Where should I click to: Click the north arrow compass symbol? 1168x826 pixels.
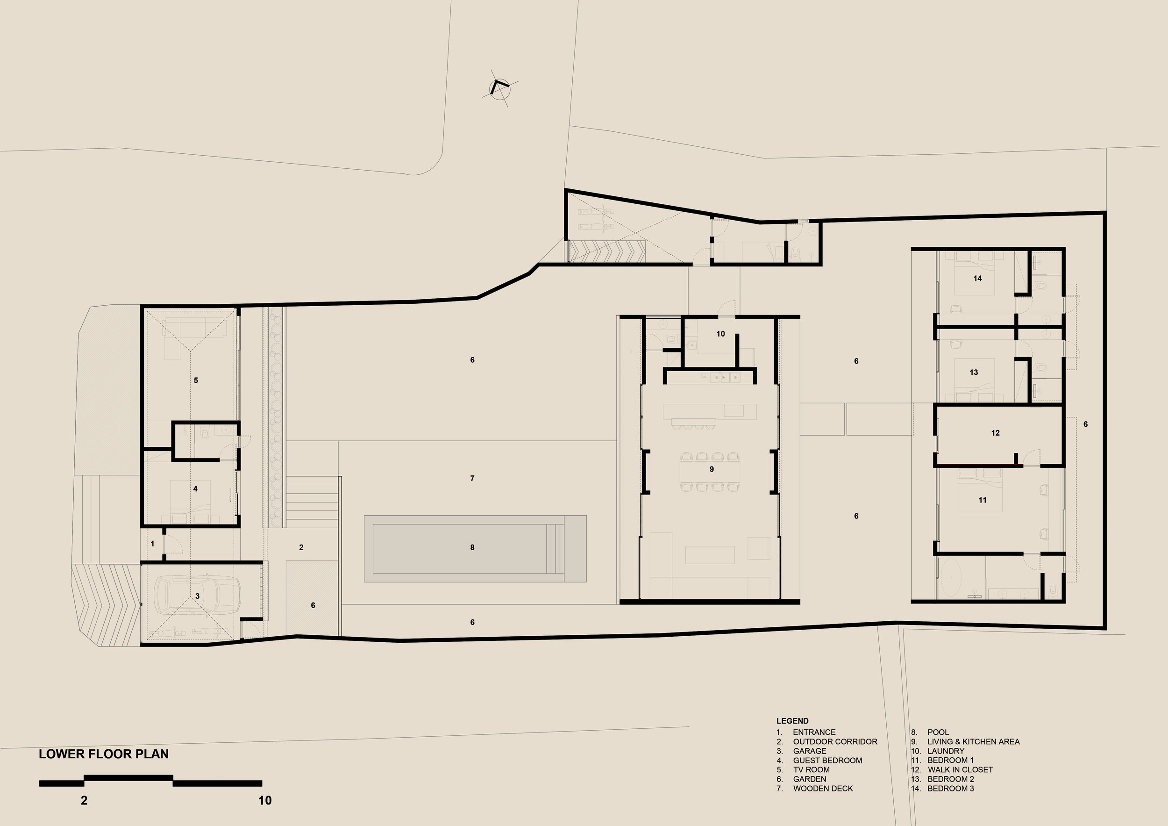[499, 88]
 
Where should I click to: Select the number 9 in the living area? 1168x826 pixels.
[712, 469]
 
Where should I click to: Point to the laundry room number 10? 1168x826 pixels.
[720, 334]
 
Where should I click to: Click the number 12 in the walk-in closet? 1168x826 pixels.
[996, 433]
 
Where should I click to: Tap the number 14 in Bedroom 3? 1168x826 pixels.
[978, 279]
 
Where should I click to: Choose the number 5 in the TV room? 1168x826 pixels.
[196, 380]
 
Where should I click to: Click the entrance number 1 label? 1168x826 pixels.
[153, 544]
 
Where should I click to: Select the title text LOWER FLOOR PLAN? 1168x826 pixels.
[104, 754]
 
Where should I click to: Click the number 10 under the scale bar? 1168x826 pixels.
[265, 801]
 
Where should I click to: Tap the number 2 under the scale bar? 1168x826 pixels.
[85, 801]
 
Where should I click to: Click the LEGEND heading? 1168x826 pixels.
[792, 721]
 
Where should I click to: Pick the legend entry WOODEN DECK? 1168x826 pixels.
[823, 788]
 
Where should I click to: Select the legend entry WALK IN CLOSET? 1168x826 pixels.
[960, 769]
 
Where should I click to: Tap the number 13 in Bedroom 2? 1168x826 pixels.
[974, 373]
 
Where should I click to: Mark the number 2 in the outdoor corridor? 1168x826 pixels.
[302, 547]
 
